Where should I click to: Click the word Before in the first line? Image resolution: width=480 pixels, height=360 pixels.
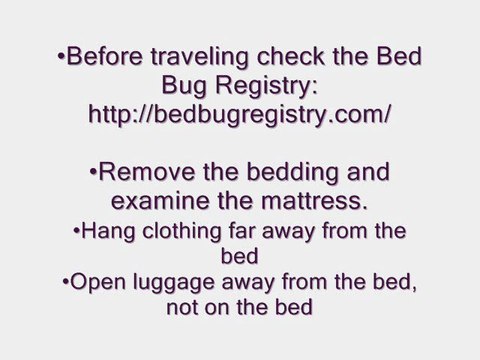point(104,57)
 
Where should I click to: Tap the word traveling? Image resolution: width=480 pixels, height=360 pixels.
point(206,57)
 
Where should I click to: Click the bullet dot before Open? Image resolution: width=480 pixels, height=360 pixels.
point(64,283)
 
